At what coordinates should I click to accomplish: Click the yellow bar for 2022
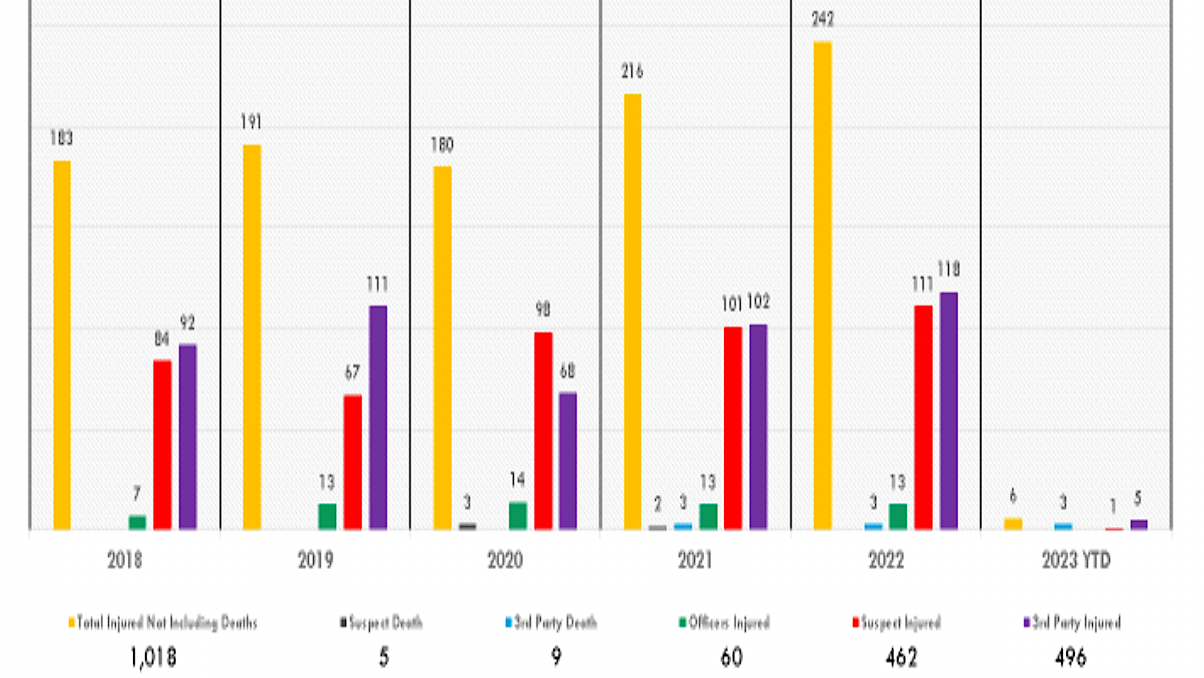(822, 285)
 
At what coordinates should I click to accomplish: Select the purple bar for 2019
(378, 417)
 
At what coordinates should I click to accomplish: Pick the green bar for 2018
(137, 522)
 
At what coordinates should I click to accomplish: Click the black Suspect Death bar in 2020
(467, 526)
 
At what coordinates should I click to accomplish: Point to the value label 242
(822, 19)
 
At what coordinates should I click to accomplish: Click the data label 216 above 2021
(632, 71)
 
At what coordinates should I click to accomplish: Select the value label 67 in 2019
(352, 372)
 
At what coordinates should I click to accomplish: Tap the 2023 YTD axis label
(1076, 560)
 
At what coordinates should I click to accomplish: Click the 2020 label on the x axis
(505, 560)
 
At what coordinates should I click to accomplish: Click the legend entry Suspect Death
(382, 623)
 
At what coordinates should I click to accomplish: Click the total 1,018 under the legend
(153, 657)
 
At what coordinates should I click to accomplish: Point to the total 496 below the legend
(1070, 657)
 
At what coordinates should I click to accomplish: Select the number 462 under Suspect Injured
(901, 657)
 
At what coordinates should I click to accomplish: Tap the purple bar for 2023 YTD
(1139, 524)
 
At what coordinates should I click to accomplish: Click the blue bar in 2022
(873, 526)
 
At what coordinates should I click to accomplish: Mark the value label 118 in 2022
(948, 270)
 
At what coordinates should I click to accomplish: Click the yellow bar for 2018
(62, 344)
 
